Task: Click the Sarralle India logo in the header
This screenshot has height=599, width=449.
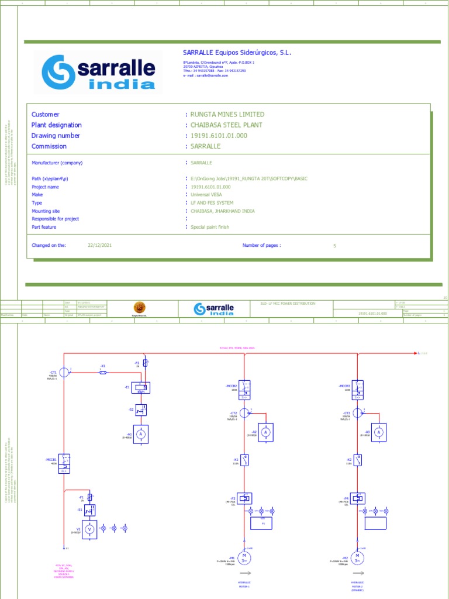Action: click(98, 73)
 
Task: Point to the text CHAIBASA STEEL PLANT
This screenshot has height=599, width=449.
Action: click(226, 125)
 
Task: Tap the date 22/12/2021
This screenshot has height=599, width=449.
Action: click(99, 246)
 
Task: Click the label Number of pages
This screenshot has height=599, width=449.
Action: click(261, 246)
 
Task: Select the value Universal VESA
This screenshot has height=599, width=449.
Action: click(206, 195)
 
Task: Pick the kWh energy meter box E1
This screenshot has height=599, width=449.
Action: click(141, 387)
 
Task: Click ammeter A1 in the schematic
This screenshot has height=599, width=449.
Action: click(141, 434)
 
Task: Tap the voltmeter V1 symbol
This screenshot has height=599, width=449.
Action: click(89, 528)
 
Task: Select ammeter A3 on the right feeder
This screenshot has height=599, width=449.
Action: click(378, 432)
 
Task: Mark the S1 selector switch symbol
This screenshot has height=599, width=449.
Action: click(89, 510)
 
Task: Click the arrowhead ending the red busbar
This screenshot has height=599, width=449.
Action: click(416, 353)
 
